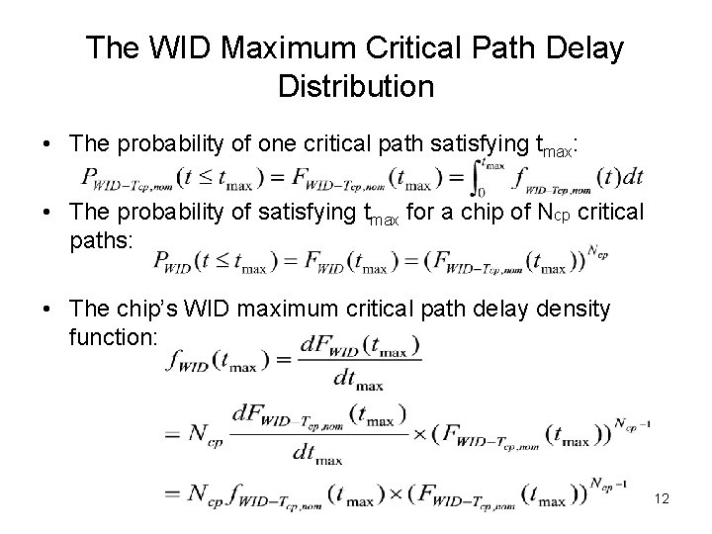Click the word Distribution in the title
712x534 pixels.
(x=356, y=86)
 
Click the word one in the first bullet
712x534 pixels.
(x=279, y=145)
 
